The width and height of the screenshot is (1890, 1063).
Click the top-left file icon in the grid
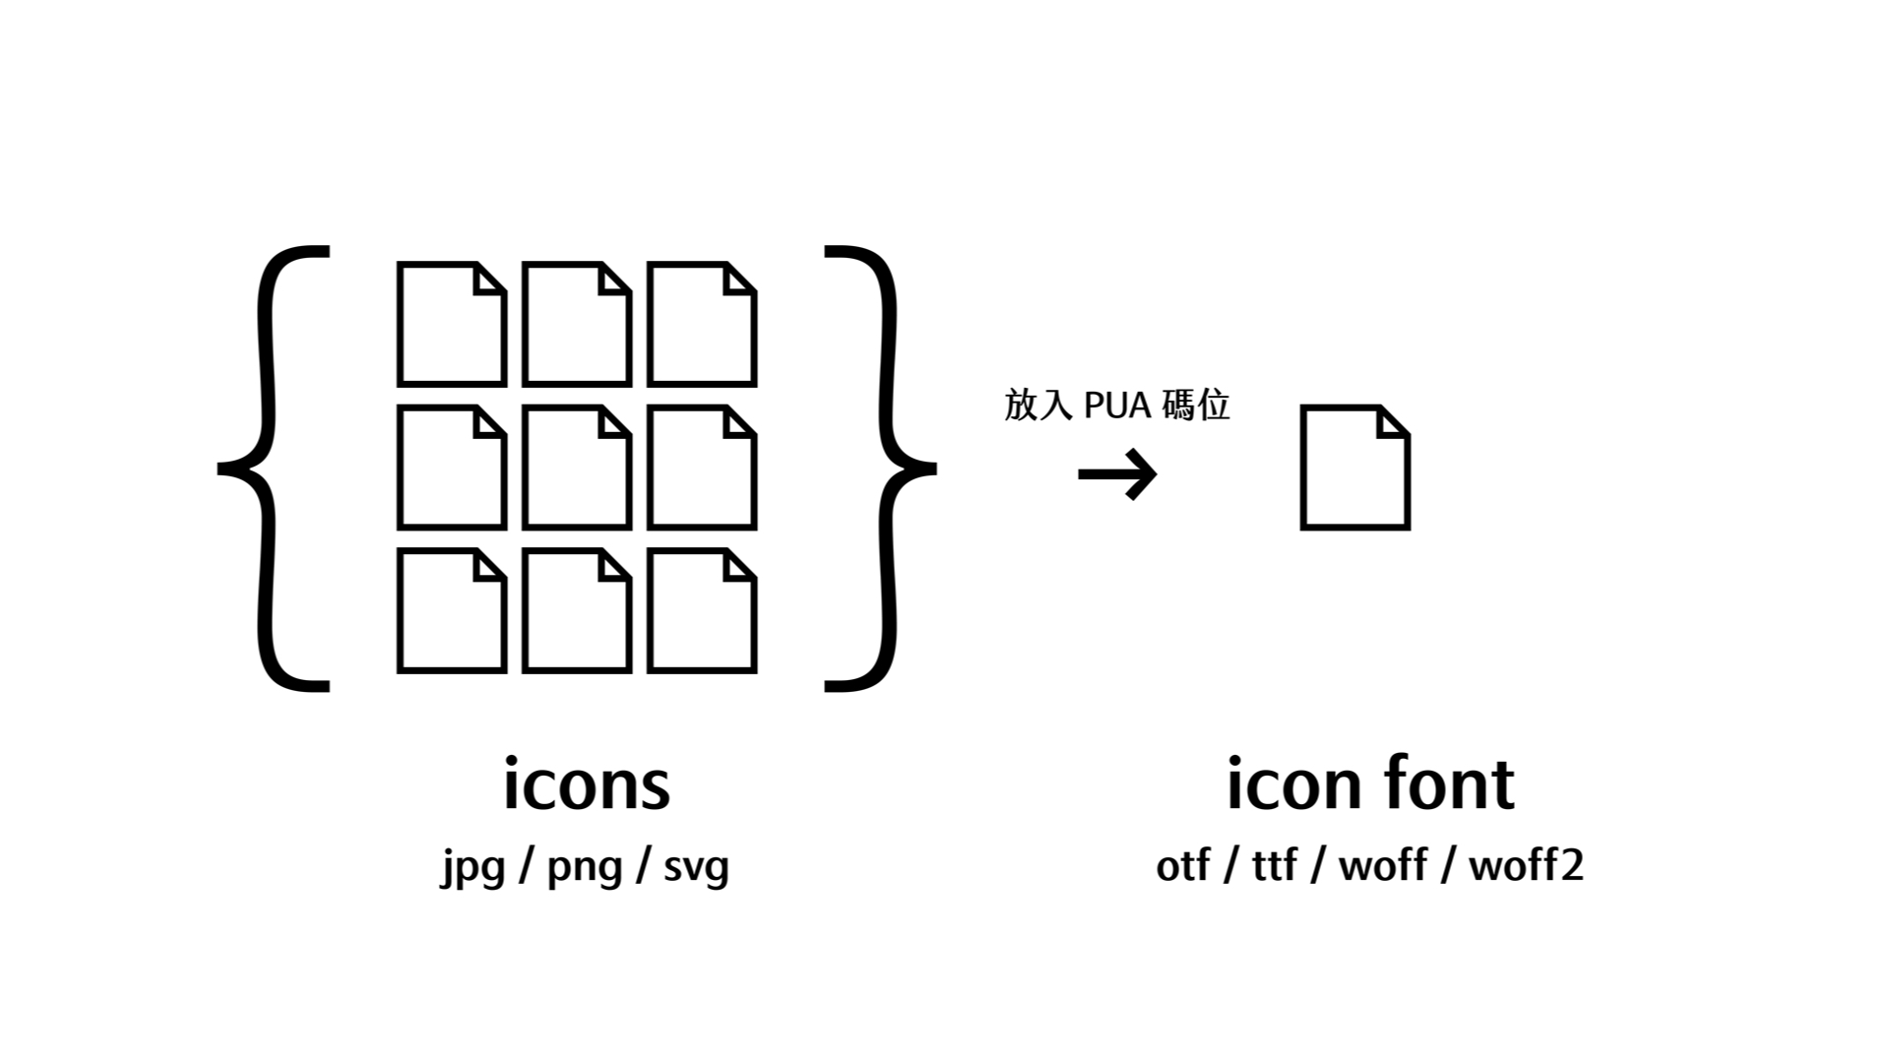pyautogui.click(x=452, y=324)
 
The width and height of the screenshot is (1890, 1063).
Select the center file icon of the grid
pyautogui.click(x=577, y=468)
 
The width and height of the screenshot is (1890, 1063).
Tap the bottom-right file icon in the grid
pyautogui.click(x=702, y=610)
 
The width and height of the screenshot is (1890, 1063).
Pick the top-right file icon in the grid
pyautogui.click(x=702, y=324)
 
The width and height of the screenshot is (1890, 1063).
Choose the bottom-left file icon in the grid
pyautogui.click(x=452, y=610)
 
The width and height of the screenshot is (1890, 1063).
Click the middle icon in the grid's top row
pyautogui.click(x=577, y=324)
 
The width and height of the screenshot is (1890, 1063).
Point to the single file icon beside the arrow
pyautogui.click(x=1355, y=468)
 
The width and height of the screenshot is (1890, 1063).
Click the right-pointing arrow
pyautogui.click(x=1117, y=474)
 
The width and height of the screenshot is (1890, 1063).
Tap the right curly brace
pyautogui.click(x=881, y=468)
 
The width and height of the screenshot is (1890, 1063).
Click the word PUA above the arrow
pyautogui.click(x=1117, y=406)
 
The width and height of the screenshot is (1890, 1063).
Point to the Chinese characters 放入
pyautogui.click(x=1038, y=406)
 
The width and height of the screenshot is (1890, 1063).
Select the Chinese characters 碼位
pyautogui.click(x=1195, y=406)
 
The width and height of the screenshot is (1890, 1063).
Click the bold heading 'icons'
pyautogui.click(x=587, y=784)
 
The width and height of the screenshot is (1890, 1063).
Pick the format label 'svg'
pyautogui.click(x=696, y=867)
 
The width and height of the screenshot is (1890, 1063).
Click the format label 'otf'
pyautogui.click(x=1182, y=866)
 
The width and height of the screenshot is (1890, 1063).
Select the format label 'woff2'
pyautogui.click(x=1526, y=866)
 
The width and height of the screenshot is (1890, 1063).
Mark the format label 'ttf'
pyautogui.click(x=1274, y=866)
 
